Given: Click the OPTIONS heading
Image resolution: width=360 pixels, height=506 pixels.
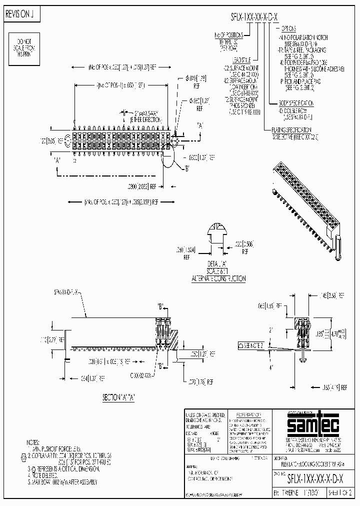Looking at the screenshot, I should coord(288,29).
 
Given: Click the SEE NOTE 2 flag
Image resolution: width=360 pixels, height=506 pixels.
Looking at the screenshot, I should coord(253,345).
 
